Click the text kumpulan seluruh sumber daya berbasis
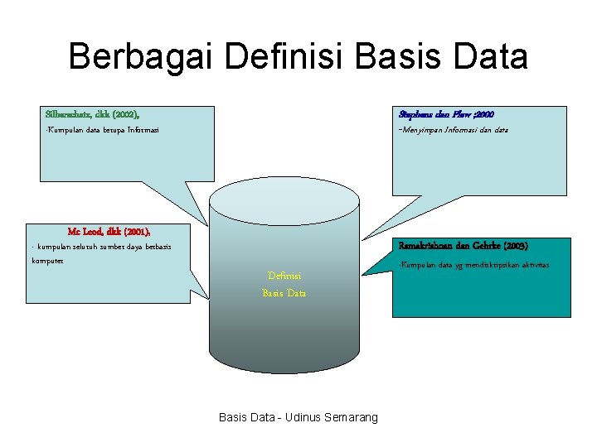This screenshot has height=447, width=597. point(104,248)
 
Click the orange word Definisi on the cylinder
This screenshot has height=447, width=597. point(284,276)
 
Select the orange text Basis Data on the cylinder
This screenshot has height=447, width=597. point(284,293)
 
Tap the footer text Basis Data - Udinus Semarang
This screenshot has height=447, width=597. point(298,417)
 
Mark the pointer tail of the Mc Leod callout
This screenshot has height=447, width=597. point(198,281)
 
